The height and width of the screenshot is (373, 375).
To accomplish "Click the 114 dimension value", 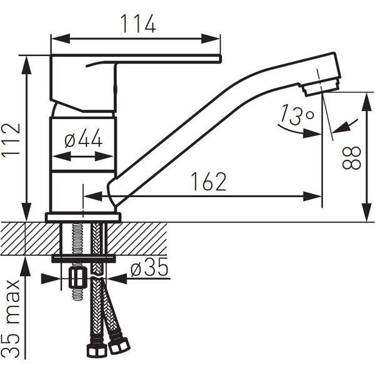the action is (x=138, y=23).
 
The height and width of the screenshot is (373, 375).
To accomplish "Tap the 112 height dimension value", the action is (x=11, y=140).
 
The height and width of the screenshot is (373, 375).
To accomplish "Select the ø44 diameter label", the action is (x=84, y=138).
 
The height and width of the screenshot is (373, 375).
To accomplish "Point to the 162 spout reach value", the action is (x=209, y=182).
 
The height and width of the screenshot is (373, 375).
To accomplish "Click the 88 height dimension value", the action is (x=351, y=158).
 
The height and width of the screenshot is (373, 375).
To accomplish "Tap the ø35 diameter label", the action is (x=149, y=267).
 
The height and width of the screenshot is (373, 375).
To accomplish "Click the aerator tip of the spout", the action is (x=320, y=88).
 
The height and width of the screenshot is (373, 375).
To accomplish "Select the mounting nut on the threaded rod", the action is (x=77, y=278).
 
